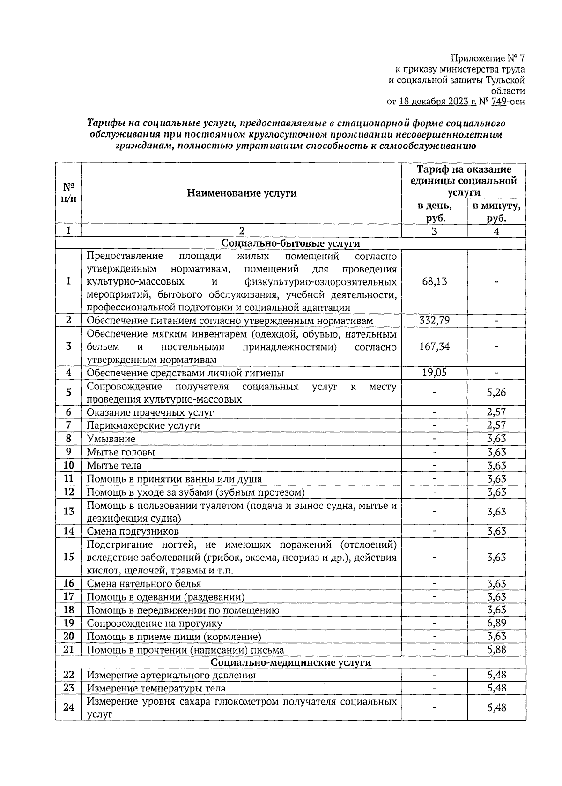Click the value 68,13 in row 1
434,281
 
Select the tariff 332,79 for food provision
434,321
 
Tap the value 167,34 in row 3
434,346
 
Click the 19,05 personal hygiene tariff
434,373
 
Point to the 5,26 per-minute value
496,392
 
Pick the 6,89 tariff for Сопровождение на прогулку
496,623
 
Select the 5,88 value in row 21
496,649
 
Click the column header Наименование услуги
242,193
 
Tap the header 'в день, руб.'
435,212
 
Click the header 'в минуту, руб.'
496,212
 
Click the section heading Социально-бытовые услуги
290,243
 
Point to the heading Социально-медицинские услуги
290,662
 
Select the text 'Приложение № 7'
488,59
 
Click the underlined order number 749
497,102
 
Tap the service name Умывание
111,439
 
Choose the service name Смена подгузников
133,531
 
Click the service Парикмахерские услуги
143,426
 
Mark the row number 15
69,557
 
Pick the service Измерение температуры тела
156,688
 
